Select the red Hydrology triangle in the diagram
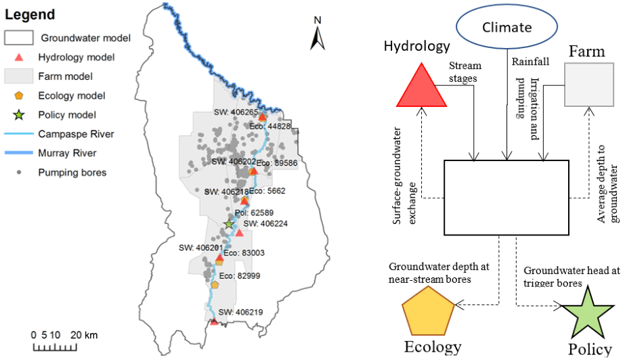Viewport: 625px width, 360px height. pos(421,88)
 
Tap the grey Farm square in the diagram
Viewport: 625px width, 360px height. pos(588,83)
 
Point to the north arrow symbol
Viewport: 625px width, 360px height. pos(317,33)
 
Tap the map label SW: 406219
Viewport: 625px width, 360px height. pos(239,312)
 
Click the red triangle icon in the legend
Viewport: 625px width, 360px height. pos(20,58)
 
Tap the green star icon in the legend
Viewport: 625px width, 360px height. pos(20,115)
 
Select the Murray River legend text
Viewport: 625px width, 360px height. pos(67,153)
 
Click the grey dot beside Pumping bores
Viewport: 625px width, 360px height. pos(20,173)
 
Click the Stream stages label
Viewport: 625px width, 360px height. pos(465,72)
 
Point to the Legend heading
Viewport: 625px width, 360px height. pos(31,14)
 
